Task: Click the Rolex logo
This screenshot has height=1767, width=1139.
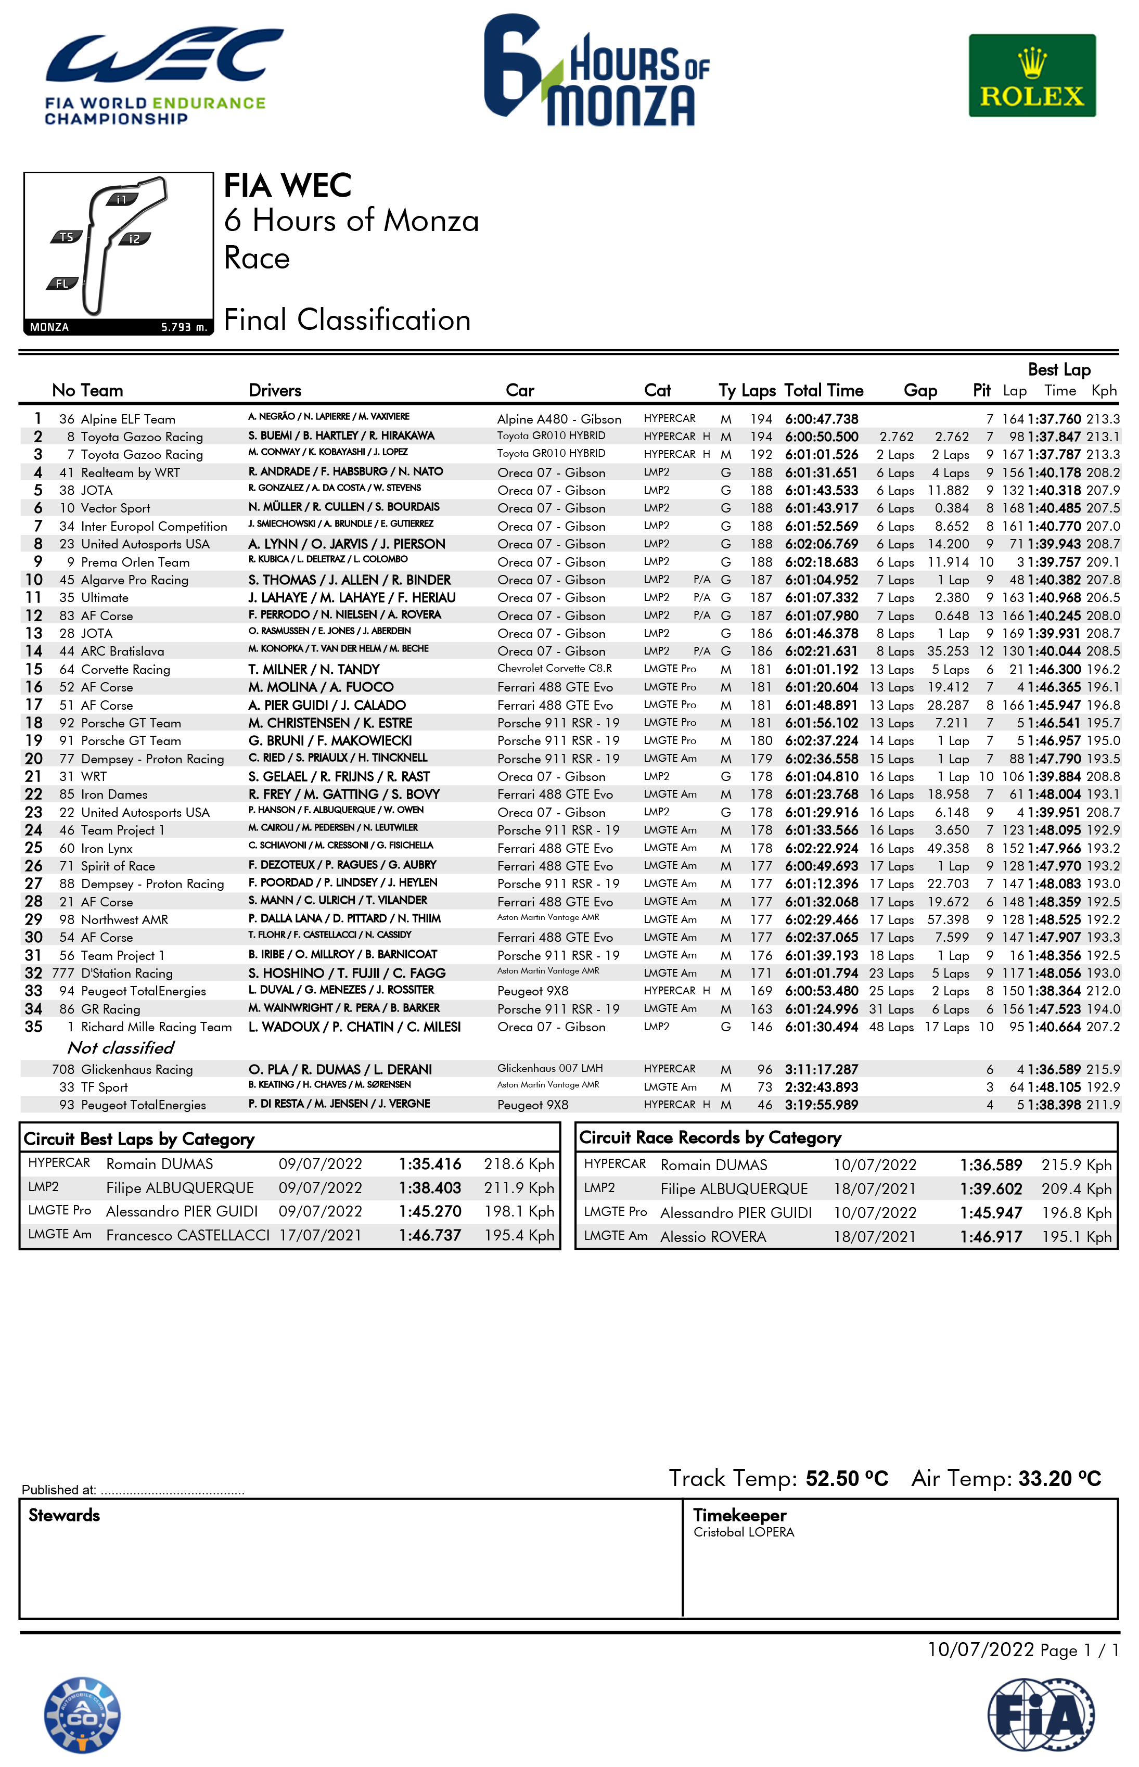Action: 1032,75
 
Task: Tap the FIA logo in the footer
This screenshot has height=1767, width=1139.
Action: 1041,1714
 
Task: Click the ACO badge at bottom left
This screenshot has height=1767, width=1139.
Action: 82,1714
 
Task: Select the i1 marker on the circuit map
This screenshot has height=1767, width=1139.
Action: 121,199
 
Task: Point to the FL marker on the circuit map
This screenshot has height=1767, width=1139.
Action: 62,283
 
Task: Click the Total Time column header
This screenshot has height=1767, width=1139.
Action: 823,391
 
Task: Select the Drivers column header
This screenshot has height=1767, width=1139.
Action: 274,391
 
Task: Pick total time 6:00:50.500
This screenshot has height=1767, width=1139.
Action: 821,437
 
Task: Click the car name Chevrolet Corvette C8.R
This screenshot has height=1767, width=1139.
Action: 554,669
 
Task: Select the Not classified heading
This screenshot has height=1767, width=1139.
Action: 121,1047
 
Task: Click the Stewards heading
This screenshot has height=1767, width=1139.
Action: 65,1515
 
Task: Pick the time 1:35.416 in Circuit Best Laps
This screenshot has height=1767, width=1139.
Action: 430,1164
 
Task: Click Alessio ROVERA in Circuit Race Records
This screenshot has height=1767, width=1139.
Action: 713,1237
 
